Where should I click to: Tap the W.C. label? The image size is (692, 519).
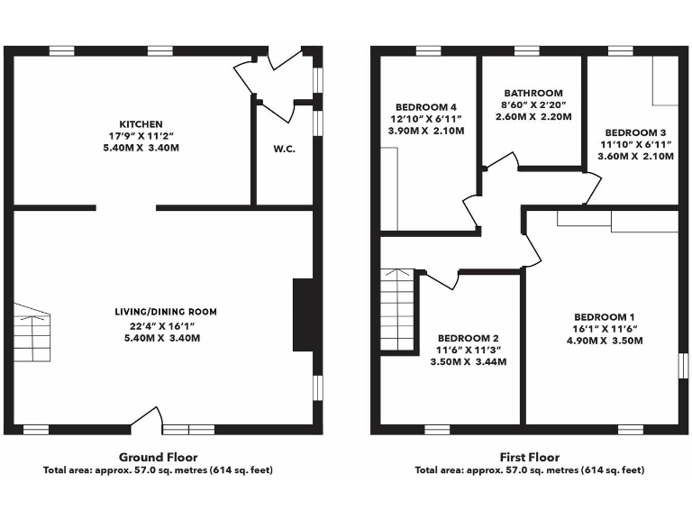284,149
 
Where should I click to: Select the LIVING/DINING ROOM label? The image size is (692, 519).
165,312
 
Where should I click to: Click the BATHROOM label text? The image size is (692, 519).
533,93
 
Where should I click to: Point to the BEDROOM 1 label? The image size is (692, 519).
605,317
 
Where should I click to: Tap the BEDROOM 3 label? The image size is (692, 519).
636,131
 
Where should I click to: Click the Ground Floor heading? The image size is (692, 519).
158,457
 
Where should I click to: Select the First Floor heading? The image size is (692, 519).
529,457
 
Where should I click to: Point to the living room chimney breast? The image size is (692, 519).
303,314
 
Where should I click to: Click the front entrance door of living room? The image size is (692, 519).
146,419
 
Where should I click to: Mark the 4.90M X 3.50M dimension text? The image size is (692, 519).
605,341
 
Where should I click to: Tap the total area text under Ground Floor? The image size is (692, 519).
158,470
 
